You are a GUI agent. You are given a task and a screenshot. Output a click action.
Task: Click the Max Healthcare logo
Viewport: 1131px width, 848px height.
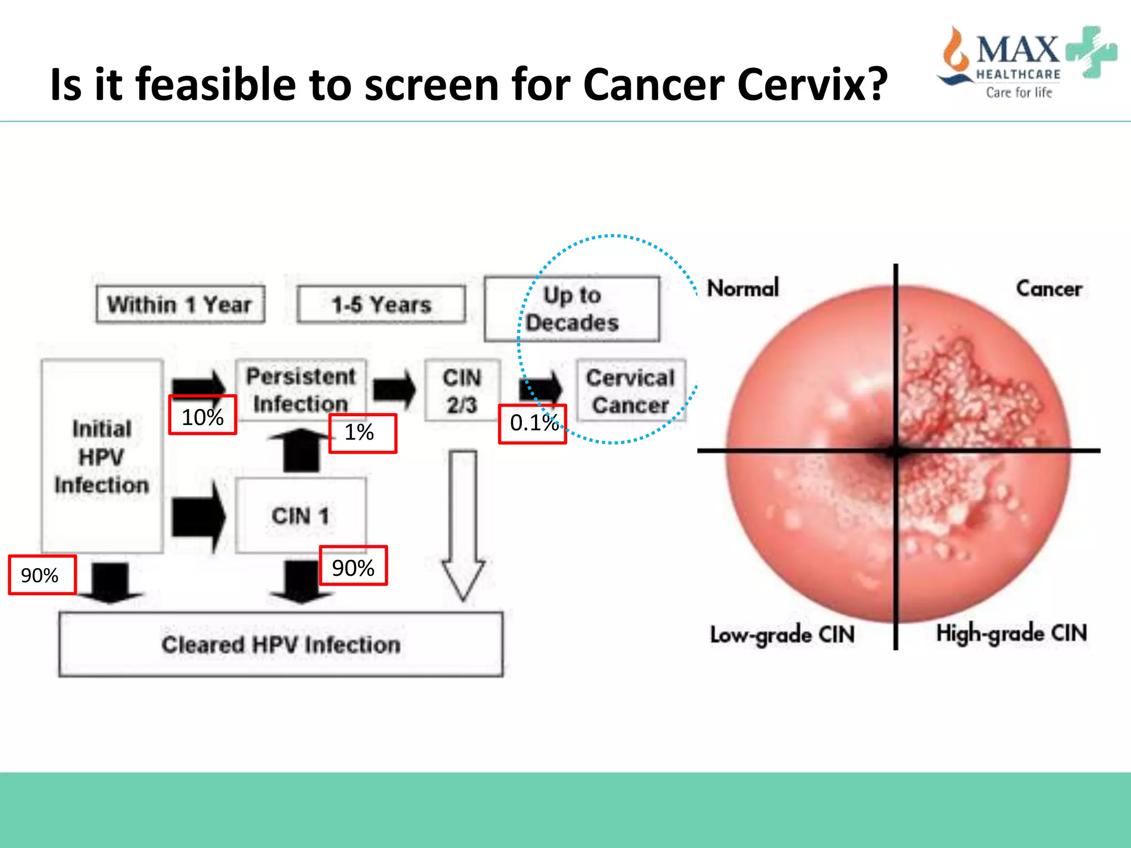(x=1026, y=62)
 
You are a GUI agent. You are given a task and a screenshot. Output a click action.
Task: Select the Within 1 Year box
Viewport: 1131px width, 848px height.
(x=180, y=304)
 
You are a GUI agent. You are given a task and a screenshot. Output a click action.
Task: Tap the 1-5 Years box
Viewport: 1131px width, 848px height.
(x=381, y=304)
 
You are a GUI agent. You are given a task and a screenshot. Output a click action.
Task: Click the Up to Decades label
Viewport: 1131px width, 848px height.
(x=572, y=309)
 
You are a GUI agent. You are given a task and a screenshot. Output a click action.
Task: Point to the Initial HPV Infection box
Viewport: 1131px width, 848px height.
(x=102, y=457)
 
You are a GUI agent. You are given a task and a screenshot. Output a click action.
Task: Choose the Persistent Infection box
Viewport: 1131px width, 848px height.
(x=300, y=390)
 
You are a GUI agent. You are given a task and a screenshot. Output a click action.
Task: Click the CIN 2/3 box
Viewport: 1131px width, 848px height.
(x=462, y=390)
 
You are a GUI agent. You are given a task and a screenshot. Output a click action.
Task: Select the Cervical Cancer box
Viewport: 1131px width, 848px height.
(x=631, y=391)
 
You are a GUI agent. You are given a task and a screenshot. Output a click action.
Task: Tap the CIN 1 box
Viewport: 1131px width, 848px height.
(x=300, y=516)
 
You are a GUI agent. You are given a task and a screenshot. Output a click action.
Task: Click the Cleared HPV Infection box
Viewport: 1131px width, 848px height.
(x=281, y=644)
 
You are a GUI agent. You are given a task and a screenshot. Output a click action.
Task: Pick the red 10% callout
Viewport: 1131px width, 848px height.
(x=202, y=416)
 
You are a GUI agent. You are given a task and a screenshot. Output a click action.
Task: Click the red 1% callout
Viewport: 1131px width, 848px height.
(x=362, y=433)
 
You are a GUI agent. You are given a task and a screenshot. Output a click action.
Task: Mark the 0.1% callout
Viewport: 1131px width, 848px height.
(x=532, y=423)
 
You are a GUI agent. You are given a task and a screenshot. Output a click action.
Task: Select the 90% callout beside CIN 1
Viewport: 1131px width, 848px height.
(x=353, y=566)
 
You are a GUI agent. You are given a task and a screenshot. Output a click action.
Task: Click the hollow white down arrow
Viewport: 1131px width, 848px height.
(x=463, y=524)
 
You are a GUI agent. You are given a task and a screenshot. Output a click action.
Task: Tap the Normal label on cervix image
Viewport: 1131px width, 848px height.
(x=743, y=288)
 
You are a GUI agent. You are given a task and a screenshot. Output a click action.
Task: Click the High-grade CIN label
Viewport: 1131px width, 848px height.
(x=1011, y=633)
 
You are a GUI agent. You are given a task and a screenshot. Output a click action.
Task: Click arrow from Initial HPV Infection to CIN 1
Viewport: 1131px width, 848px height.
(x=198, y=516)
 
